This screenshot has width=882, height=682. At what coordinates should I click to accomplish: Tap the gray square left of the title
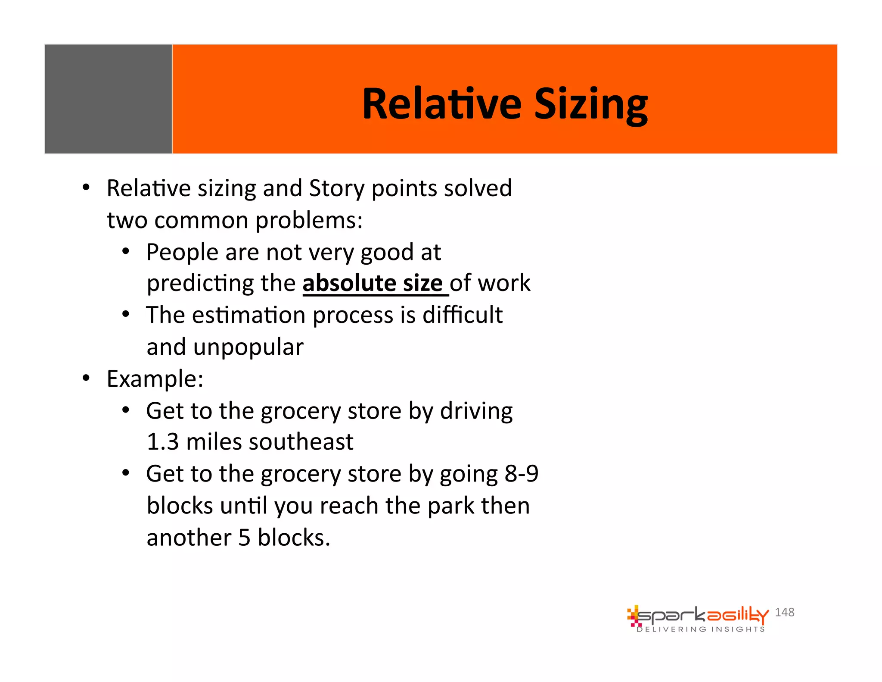coord(108,99)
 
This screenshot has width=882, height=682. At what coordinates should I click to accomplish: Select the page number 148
coord(784,612)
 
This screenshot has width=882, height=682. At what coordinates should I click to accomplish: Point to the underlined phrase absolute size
coord(373,283)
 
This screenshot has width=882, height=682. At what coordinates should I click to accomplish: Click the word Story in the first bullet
coord(337,188)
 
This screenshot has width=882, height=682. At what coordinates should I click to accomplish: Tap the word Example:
coord(155,379)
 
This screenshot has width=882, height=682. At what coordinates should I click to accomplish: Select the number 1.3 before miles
coord(162,442)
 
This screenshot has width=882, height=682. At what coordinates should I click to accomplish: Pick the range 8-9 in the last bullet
coord(521,474)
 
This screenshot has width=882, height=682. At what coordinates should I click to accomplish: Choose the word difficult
coord(463,315)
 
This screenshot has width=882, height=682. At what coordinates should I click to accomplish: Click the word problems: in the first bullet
coord(309,220)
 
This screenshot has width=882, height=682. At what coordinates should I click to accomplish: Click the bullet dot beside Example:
coord(86,378)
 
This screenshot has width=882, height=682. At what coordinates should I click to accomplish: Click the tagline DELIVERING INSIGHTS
coord(701,629)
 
